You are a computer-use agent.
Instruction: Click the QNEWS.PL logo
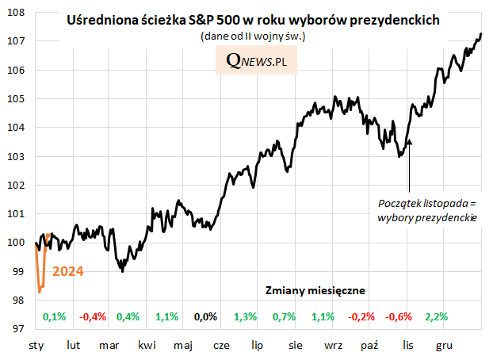click(256, 61)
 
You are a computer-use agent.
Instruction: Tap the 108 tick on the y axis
click(17, 13)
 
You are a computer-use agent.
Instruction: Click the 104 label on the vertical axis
click(17, 128)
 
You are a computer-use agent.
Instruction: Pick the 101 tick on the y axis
click(17, 213)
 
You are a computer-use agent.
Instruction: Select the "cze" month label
click(222, 346)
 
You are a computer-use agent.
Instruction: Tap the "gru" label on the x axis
click(445, 346)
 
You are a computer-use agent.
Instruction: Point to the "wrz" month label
click(333, 346)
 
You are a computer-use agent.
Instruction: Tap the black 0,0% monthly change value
click(205, 317)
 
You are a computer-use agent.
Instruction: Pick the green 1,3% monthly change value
click(246, 317)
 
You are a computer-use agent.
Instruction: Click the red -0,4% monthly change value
click(93, 317)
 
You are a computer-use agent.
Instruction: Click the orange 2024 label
click(68, 271)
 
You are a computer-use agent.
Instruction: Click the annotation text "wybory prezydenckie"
click(427, 216)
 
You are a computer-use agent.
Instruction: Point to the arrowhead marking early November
click(409, 141)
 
